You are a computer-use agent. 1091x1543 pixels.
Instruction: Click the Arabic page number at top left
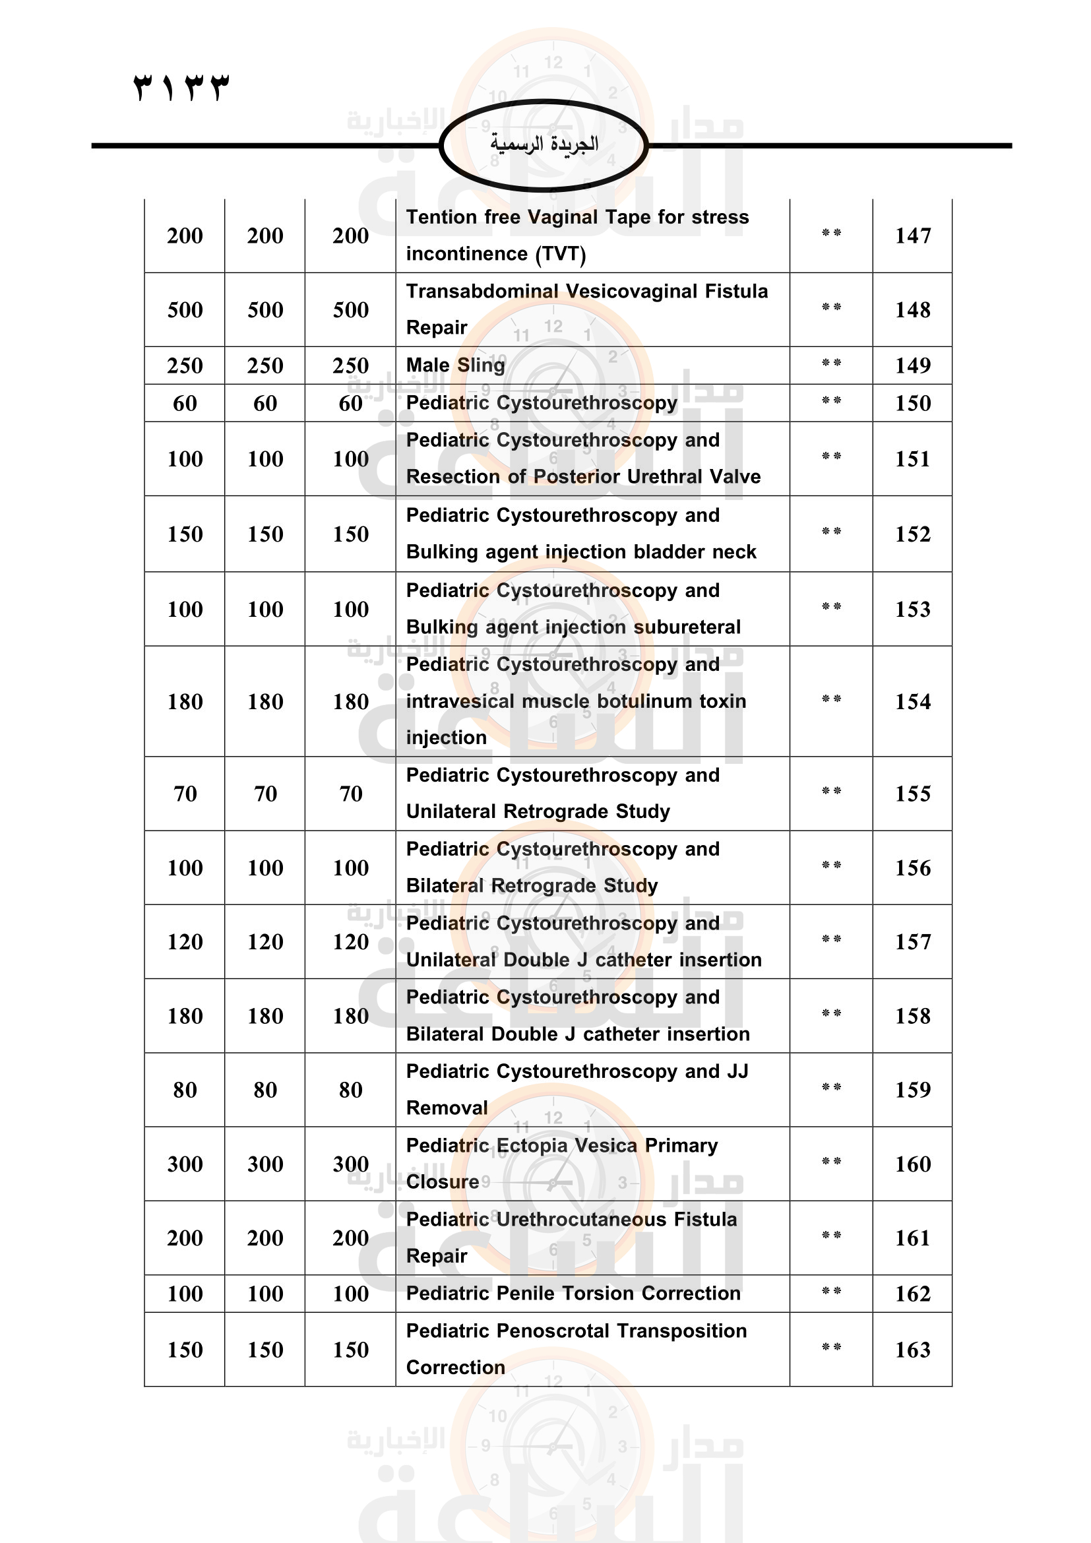(181, 87)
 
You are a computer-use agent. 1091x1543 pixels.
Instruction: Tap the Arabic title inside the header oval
(544, 144)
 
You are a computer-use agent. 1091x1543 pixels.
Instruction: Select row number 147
(912, 236)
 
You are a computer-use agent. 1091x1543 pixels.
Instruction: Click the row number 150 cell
(912, 403)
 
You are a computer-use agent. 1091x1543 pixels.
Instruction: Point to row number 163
(912, 1350)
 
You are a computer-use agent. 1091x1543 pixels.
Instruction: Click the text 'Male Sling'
(456, 365)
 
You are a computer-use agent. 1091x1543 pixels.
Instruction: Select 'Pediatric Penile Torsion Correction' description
(573, 1293)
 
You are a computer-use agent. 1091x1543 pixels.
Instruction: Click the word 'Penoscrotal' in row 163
(552, 1331)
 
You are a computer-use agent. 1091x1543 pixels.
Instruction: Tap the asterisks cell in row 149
(831, 363)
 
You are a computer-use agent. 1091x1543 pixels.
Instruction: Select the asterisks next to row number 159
(831, 1087)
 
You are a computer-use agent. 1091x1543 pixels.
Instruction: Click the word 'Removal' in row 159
(447, 1108)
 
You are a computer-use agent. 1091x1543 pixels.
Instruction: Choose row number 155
(912, 794)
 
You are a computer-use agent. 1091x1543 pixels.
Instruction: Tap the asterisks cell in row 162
(831, 1292)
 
